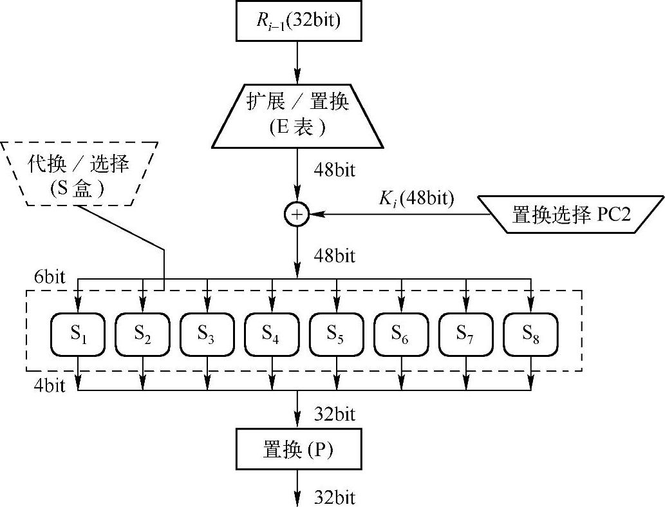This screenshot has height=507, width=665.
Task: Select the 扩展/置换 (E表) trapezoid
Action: pyautogui.click(x=297, y=115)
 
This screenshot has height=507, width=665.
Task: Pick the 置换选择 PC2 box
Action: pyautogui.click(x=570, y=215)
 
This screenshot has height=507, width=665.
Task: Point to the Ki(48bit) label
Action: pyautogui.click(x=416, y=199)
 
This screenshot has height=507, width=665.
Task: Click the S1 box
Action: pyautogui.click(x=78, y=334)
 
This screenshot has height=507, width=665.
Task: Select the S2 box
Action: pyautogui.click(x=142, y=334)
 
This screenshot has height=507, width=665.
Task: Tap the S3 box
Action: pyautogui.click(x=207, y=334)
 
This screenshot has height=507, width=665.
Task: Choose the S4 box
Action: pyautogui.click(x=271, y=334)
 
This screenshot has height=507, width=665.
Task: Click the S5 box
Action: pyautogui.click(x=336, y=334)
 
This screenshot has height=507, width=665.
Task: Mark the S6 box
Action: pyautogui.click(x=400, y=334)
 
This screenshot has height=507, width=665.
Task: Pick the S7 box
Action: pyautogui.click(x=465, y=334)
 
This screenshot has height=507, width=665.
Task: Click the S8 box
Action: pyautogui.click(x=530, y=334)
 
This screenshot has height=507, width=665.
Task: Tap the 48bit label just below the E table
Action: pyautogui.click(x=334, y=171)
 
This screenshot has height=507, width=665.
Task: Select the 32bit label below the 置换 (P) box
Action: pyautogui.click(x=334, y=497)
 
